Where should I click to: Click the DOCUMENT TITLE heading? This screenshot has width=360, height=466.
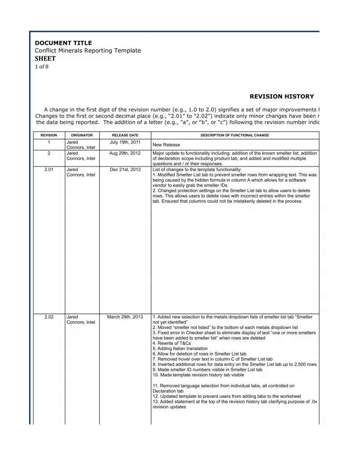[x=63, y=43]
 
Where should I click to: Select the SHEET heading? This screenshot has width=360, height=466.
[x=45, y=59]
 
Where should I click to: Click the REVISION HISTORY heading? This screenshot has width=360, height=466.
[x=282, y=96]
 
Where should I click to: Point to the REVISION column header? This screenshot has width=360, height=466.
[x=49, y=135]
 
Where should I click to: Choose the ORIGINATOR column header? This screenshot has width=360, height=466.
[x=82, y=135]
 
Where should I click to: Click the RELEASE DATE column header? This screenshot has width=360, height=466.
[x=125, y=135]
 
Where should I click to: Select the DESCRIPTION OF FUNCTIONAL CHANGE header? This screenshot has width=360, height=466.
[x=234, y=135]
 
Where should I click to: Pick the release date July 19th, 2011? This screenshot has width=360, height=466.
[x=125, y=142]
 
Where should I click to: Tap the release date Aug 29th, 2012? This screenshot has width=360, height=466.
[x=125, y=153]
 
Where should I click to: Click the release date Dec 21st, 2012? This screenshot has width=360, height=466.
[x=125, y=170]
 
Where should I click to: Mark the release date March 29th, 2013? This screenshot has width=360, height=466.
[x=125, y=317]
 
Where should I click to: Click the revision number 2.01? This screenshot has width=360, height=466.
[x=49, y=170]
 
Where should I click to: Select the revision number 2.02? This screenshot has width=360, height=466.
[x=49, y=317]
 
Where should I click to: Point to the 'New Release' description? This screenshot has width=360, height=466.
[x=166, y=145]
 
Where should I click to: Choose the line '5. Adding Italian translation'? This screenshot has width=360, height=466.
[x=180, y=348]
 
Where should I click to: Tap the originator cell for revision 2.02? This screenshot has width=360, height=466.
[x=81, y=319]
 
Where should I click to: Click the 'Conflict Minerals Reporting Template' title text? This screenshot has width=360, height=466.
[x=88, y=51]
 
